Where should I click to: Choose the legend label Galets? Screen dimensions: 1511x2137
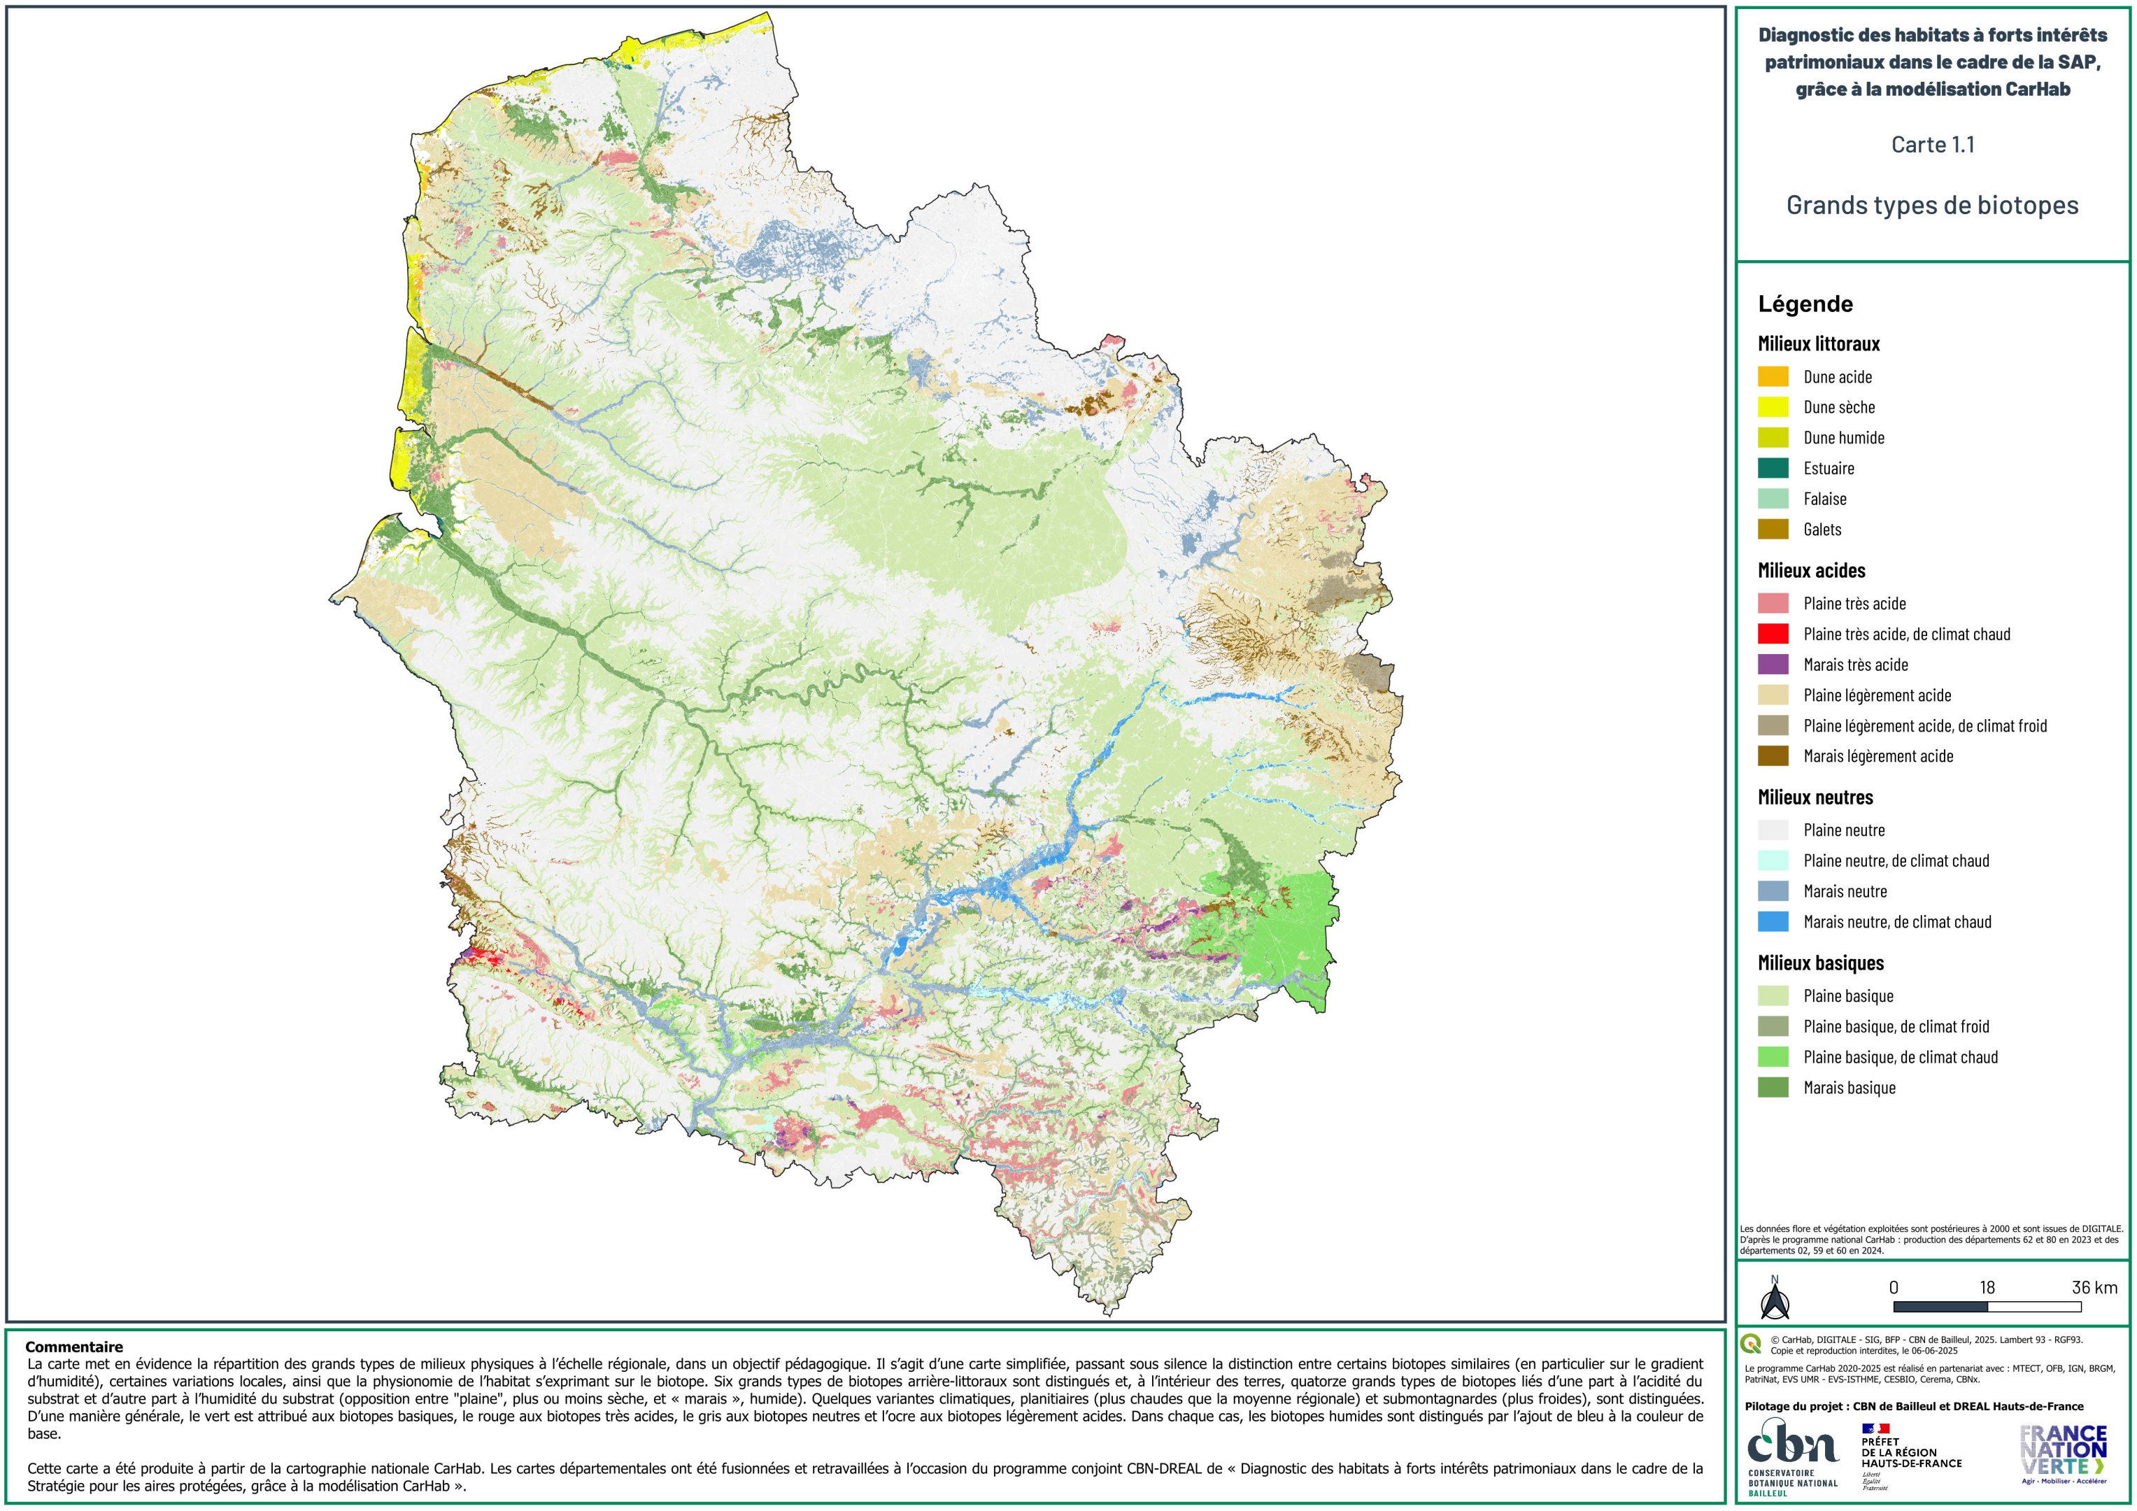[1822, 530]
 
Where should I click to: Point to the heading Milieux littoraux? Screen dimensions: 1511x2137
[1818, 344]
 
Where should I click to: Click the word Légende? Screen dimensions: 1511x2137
[1805, 304]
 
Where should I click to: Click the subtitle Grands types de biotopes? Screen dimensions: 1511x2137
[1931, 206]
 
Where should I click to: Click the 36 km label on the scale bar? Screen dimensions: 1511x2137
[2094, 1288]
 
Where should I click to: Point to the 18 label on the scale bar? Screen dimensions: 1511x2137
[1987, 1288]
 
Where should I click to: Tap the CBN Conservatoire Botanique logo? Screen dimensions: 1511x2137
[1791, 1455]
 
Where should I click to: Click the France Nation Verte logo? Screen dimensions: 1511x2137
[2064, 1452]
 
